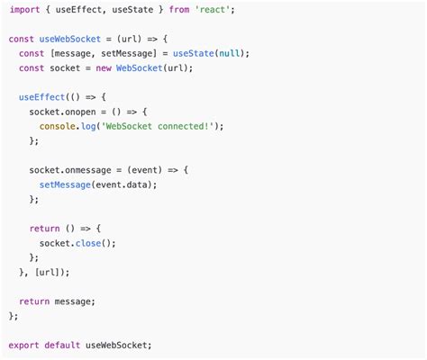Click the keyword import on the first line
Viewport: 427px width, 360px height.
(24, 10)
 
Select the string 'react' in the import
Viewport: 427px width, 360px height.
(213, 10)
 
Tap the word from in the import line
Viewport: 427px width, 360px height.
(179, 10)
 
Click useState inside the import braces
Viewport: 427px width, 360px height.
(132, 10)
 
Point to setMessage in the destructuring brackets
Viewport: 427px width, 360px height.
(127, 54)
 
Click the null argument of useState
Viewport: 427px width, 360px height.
(230, 53)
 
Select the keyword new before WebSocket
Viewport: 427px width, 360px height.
(104, 68)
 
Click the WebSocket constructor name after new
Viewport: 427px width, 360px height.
(140, 68)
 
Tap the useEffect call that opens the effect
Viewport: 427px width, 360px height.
(41, 97)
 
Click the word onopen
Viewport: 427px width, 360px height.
(80, 112)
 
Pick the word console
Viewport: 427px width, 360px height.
(57, 126)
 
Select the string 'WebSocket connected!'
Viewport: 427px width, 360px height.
(159, 126)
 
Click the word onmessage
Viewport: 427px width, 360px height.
(88, 170)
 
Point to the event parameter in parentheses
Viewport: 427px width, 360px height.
(145, 170)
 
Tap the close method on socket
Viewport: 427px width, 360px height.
(88, 243)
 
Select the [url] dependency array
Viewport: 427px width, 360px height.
(50, 273)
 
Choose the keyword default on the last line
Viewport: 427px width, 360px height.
(62, 346)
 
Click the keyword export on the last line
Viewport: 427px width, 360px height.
(23, 346)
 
